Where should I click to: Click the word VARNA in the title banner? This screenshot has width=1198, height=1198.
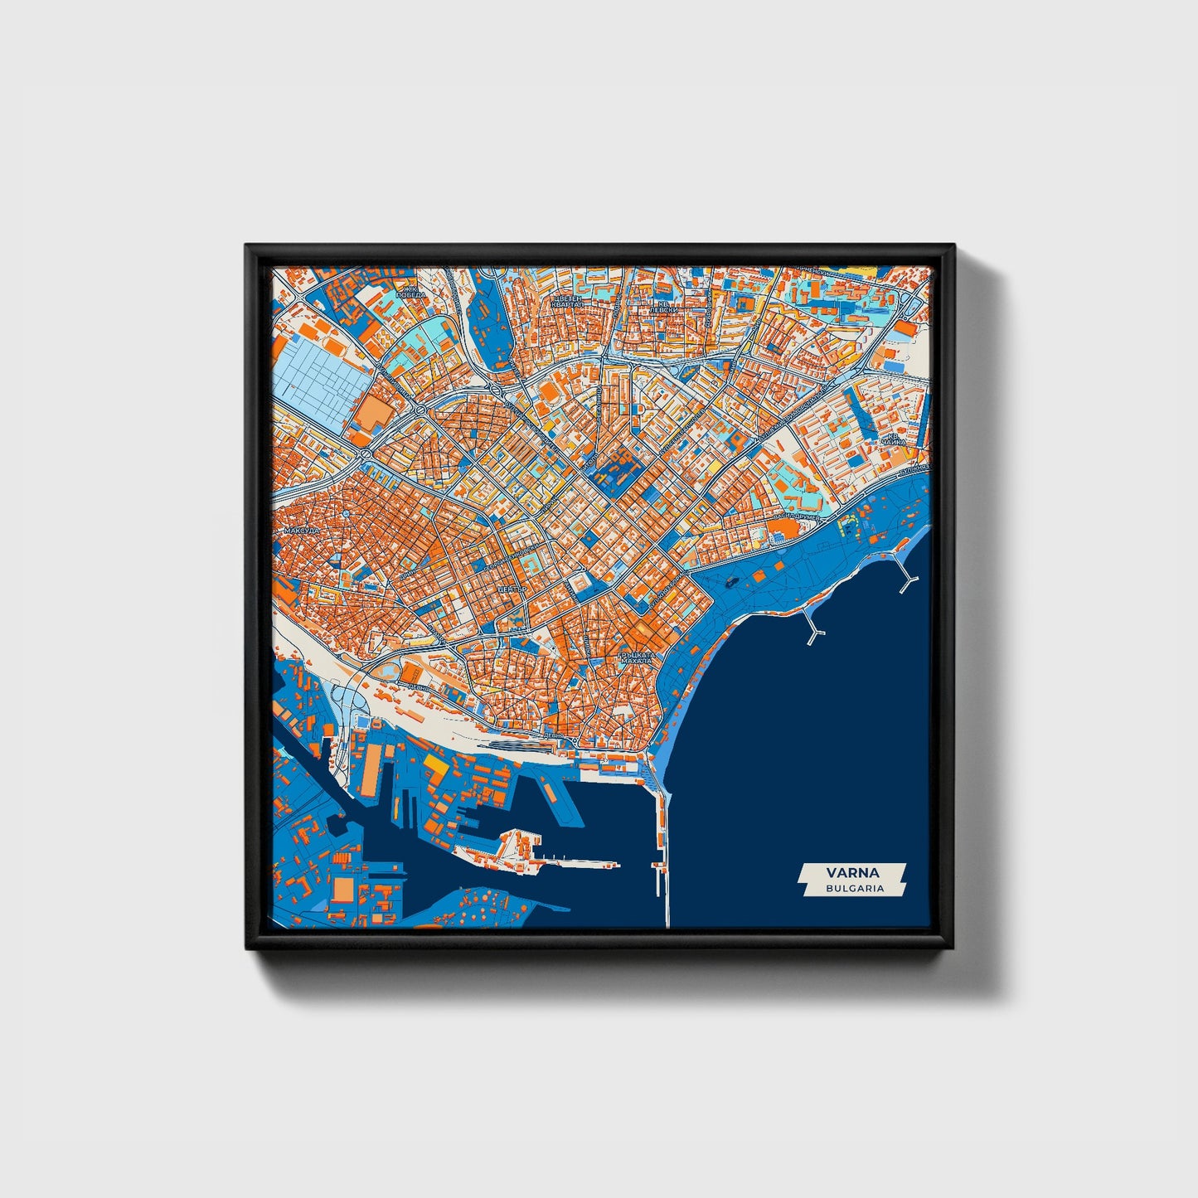coord(852,872)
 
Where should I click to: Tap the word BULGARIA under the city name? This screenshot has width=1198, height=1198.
coord(854,888)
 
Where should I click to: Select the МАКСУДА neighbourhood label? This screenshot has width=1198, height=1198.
coord(300,531)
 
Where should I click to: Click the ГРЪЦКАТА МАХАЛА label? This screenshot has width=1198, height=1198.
coord(637,658)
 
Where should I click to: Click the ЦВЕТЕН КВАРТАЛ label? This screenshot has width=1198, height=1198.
coord(567,301)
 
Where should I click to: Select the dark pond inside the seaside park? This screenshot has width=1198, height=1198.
coord(730,582)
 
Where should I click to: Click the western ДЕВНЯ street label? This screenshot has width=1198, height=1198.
coord(419,686)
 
